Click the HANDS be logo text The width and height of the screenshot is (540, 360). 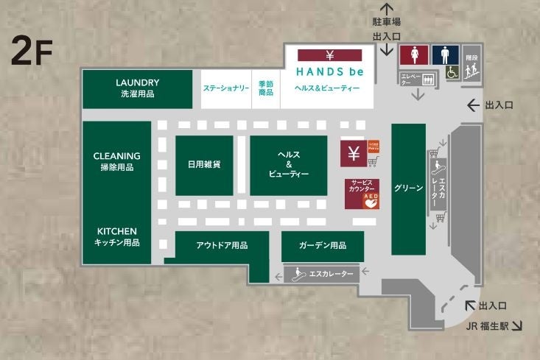click(x=327, y=71)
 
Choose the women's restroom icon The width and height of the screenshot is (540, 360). click(x=413, y=57)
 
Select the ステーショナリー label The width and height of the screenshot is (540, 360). click(x=225, y=88)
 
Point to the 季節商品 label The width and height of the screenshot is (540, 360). click(x=266, y=88)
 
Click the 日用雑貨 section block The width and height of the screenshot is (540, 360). click(x=204, y=166)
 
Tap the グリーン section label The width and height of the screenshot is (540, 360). click(x=408, y=188)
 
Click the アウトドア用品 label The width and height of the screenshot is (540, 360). click(x=222, y=245)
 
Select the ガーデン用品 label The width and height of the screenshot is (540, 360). click(x=323, y=245)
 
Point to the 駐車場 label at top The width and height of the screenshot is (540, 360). click(x=387, y=23)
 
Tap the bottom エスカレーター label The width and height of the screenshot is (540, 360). click(x=331, y=275)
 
